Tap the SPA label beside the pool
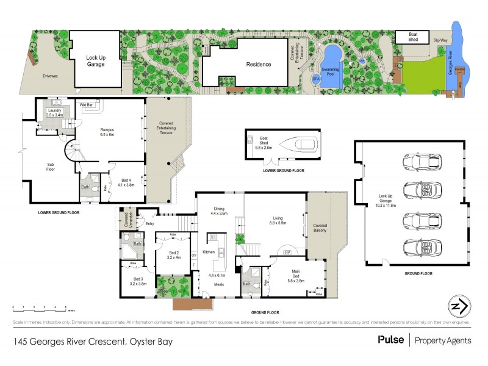pos(316,79)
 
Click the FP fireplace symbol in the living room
pos(287,251)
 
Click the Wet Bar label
pos(86,106)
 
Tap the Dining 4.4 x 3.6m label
pos(219,211)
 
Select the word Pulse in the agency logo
pos(390,340)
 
